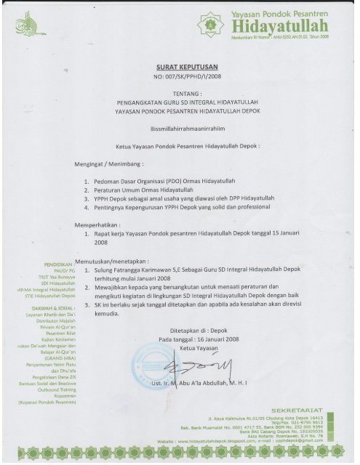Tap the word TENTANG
(x=181, y=92)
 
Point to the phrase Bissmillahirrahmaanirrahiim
(x=181, y=126)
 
